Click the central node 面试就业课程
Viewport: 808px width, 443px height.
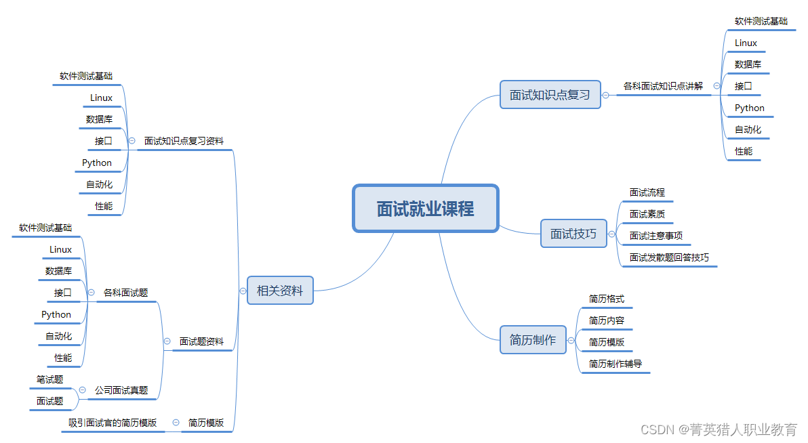pyautogui.click(x=426, y=209)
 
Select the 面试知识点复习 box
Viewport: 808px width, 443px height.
pyautogui.click(x=550, y=95)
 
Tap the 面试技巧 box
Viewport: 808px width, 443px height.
pyautogui.click(x=573, y=234)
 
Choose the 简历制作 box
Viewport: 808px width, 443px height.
pyautogui.click(x=532, y=340)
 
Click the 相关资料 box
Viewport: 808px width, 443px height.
pyautogui.click(x=280, y=291)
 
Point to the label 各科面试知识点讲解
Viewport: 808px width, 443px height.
pyautogui.click(x=663, y=86)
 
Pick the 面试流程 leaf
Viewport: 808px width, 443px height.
pyautogui.click(x=647, y=193)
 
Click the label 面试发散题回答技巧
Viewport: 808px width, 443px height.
pyautogui.click(x=669, y=257)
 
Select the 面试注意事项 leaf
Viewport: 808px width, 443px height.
pyautogui.click(x=656, y=236)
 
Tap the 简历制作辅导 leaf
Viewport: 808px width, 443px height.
pyautogui.click(x=615, y=364)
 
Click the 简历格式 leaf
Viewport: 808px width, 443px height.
pyautogui.click(x=607, y=299)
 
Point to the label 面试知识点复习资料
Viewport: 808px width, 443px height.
pyautogui.click(x=184, y=142)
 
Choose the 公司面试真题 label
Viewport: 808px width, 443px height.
pyautogui.click(x=121, y=390)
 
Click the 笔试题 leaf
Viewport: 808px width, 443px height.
pyautogui.click(x=49, y=379)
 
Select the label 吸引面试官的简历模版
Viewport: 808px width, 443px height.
pyautogui.click(x=113, y=423)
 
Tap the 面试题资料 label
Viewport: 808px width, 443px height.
pyautogui.click(x=201, y=342)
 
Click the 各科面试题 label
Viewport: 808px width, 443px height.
pyautogui.click(x=125, y=293)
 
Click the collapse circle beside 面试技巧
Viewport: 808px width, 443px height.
pyautogui.click(x=612, y=234)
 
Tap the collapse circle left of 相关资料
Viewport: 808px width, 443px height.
pyautogui.click(x=243, y=291)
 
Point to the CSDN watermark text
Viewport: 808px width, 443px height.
pyautogui.click(x=719, y=429)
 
